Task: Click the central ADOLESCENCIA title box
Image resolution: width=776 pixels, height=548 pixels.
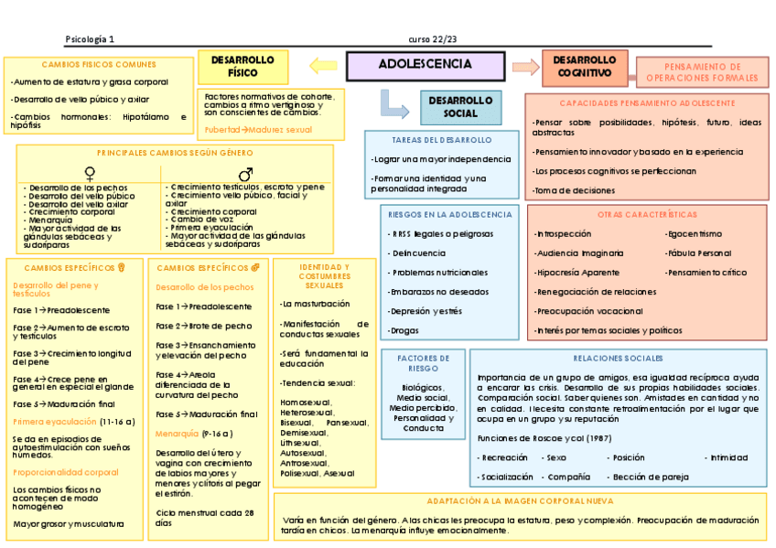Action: click(426, 65)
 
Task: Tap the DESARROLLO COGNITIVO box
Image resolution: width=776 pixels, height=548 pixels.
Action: click(586, 66)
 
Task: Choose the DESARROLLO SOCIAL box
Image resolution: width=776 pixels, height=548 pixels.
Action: click(460, 107)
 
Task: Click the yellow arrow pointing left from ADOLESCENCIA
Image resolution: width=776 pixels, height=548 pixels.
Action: click(323, 65)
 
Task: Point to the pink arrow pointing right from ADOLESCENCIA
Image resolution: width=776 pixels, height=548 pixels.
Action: click(525, 66)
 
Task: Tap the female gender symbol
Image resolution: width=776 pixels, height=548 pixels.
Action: click(89, 172)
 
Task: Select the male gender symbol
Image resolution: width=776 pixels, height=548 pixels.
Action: click(245, 173)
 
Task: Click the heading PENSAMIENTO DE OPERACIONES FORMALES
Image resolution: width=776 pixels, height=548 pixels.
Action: click(703, 72)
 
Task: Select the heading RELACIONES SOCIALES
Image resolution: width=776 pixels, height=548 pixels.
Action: click(618, 358)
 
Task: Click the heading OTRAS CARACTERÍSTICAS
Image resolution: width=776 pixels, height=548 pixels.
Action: click(647, 214)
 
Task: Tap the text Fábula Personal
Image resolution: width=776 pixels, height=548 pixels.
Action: click(698, 253)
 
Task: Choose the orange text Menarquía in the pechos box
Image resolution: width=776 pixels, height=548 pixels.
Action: click(177, 432)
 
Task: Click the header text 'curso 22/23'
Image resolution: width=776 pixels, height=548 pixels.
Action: click(433, 38)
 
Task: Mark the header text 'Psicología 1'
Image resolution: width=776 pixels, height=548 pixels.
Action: click(90, 38)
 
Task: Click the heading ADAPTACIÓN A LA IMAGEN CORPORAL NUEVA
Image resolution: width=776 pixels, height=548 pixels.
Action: click(520, 501)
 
